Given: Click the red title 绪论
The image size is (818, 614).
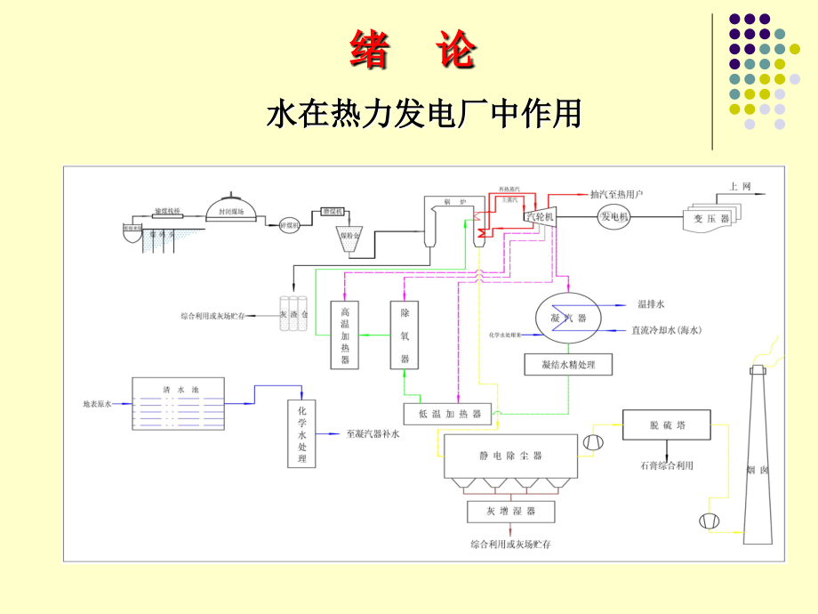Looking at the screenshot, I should pos(412,51).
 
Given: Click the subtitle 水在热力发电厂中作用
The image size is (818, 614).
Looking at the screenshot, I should pos(424,114).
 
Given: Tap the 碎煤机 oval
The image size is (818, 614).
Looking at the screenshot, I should pos(291,225).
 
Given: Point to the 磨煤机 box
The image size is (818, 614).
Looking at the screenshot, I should pos(335,212).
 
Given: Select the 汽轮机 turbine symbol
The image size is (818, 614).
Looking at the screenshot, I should pos(541,216).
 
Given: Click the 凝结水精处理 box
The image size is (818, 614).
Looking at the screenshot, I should pos(568,363).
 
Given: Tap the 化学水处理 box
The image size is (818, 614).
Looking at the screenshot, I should pos(301,433).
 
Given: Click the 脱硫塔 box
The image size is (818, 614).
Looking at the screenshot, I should pos(666,425).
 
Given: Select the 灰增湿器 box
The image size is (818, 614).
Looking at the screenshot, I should pos(510,512).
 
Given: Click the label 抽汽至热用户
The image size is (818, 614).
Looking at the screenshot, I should pos(616,193).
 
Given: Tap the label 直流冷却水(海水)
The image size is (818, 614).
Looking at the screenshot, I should pos(666,330).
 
